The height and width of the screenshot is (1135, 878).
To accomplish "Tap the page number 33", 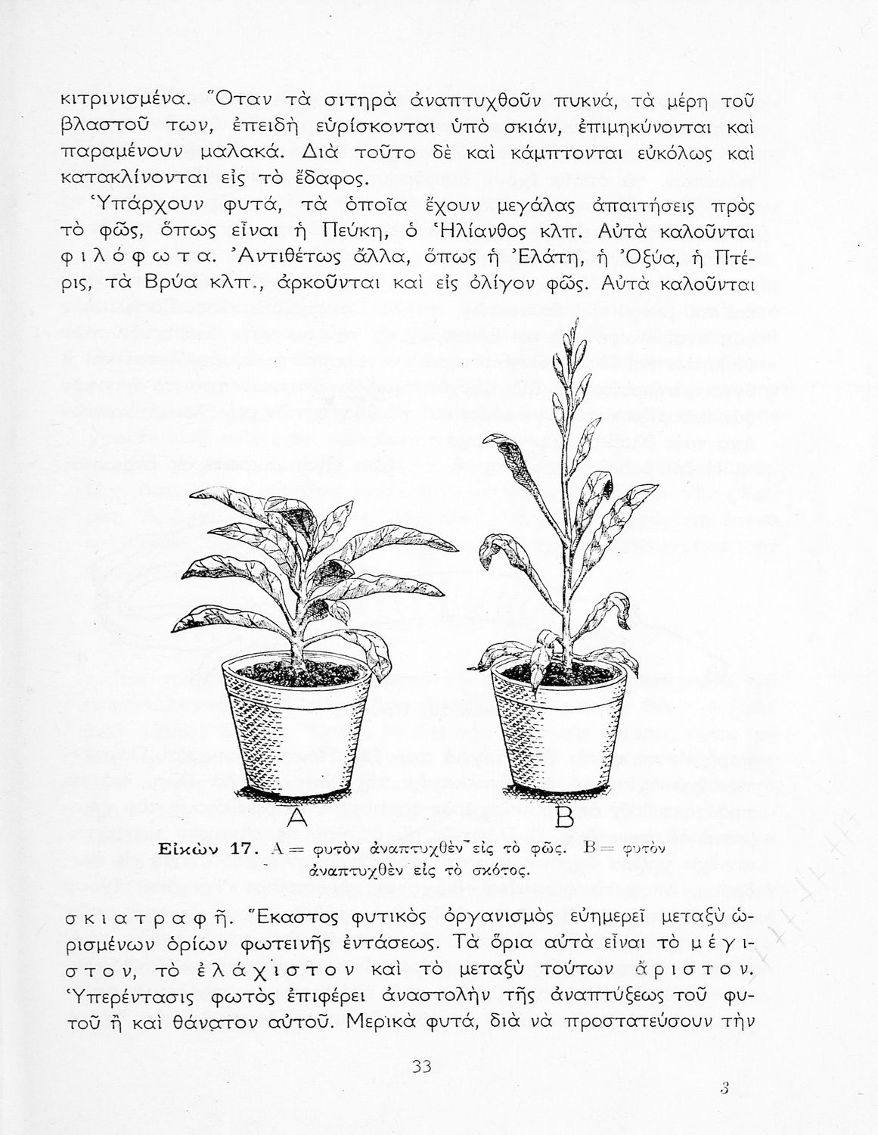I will (421, 1066).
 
